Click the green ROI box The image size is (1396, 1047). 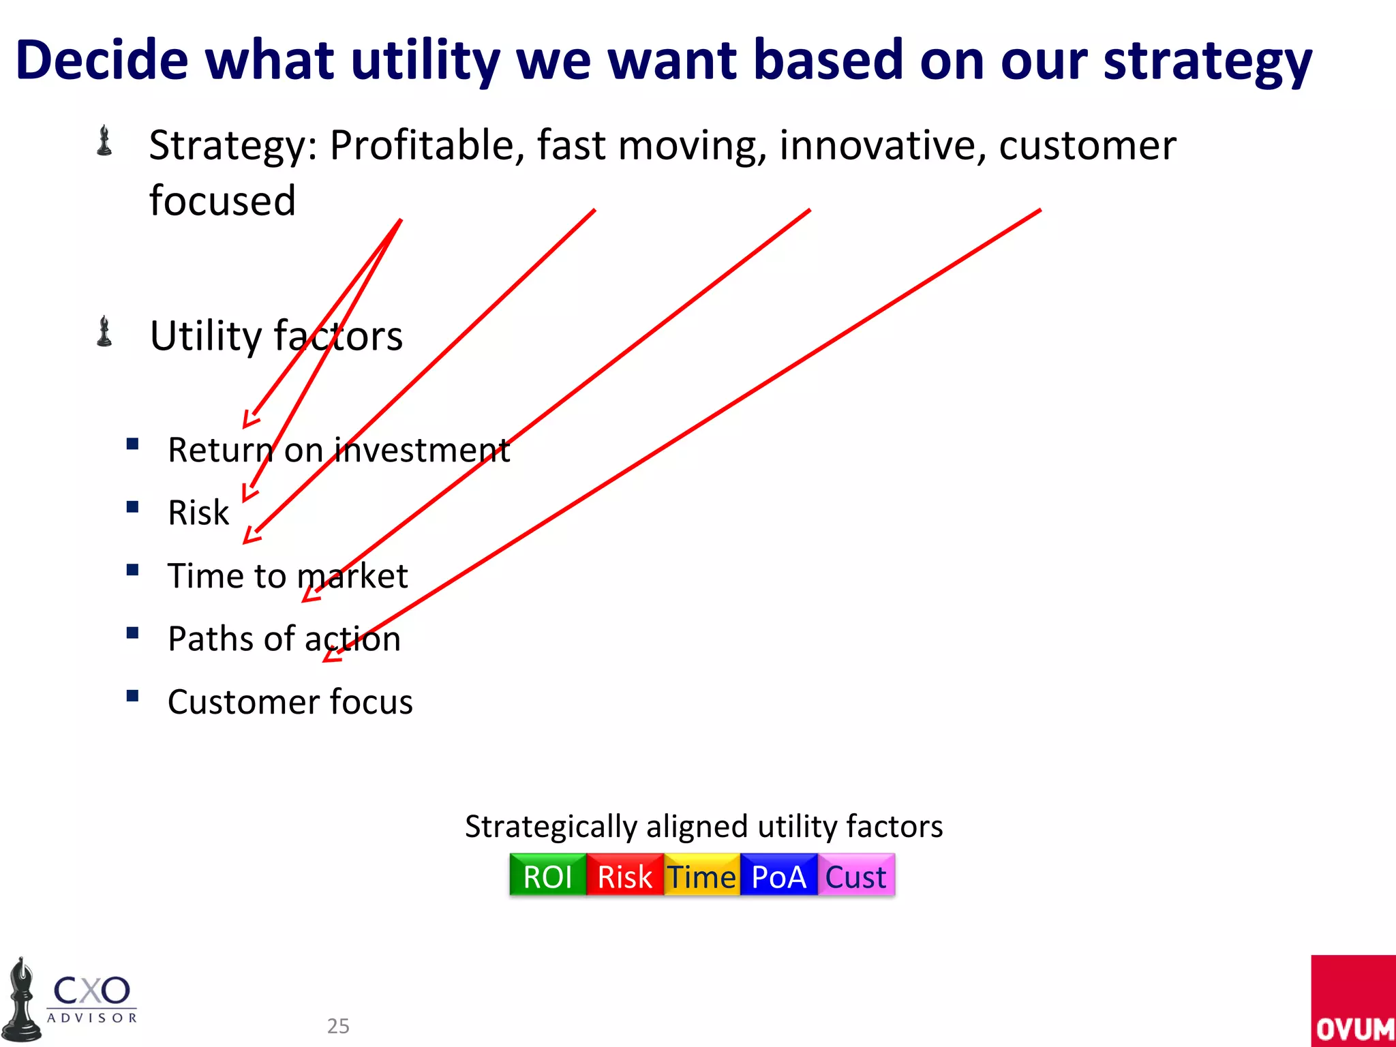point(547,876)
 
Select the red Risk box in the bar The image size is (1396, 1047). point(624,876)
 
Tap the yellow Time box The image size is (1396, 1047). point(701,876)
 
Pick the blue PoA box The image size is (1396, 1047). point(778,876)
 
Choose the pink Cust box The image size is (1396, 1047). point(855,876)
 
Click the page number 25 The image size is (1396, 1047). point(338,1026)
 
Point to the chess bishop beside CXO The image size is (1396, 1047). point(22,1001)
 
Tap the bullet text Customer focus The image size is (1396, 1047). point(290,701)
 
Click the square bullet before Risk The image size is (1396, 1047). point(133,507)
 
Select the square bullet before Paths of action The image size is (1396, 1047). point(133,633)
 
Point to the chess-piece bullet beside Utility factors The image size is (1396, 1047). point(104,332)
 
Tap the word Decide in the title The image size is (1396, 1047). point(102,60)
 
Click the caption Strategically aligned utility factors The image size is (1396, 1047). point(703,826)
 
